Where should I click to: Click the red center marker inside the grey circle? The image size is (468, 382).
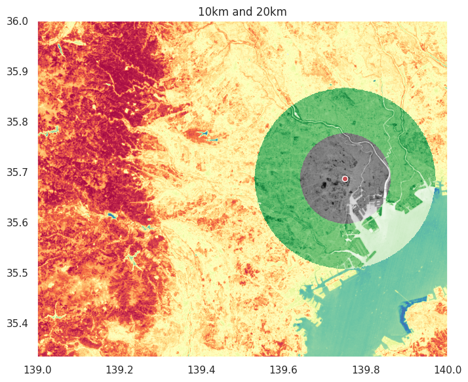(345, 179)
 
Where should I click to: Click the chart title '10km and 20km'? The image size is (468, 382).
(243, 11)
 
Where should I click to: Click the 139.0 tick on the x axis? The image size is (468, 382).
(38, 370)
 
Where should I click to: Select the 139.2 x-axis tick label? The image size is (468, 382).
(120, 370)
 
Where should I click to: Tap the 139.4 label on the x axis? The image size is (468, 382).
(202, 370)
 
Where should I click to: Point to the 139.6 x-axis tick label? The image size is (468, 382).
(283, 370)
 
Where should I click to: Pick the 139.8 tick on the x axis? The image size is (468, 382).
(365, 370)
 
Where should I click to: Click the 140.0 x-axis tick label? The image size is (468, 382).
(446, 370)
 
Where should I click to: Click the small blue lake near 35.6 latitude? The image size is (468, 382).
(112, 215)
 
